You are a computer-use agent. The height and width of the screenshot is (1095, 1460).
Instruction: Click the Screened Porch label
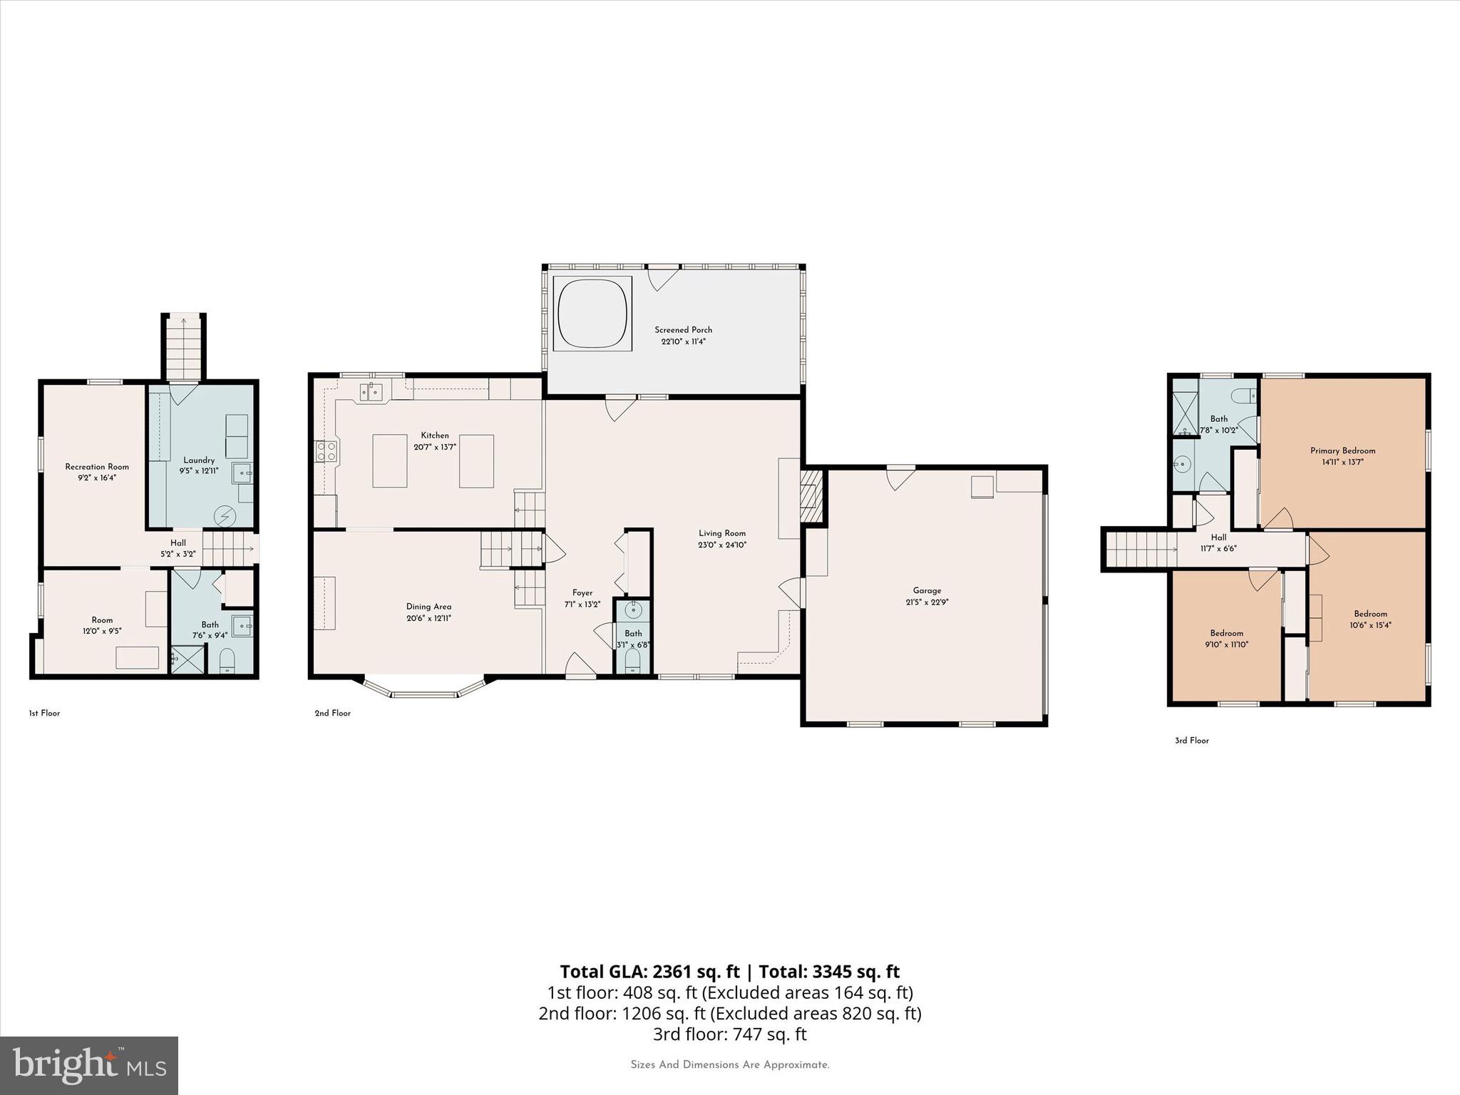683,330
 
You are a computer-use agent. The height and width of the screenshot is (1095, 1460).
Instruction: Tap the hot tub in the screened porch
592,313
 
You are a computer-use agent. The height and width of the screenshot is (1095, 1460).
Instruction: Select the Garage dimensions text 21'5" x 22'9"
927,602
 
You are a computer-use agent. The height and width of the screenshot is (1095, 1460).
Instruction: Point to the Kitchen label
435,436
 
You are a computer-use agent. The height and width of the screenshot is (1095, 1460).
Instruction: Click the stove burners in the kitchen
327,451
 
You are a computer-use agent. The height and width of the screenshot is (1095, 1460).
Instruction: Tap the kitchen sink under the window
371,391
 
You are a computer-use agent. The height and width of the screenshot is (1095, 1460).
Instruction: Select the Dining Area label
428,607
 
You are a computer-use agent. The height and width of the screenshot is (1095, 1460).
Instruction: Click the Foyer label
582,593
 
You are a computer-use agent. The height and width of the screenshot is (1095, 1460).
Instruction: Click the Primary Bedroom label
1342,451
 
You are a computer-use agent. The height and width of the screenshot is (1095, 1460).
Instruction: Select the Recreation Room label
97,467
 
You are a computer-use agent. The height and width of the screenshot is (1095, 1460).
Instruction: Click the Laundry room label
199,461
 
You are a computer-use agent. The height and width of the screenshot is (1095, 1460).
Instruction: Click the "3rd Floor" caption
1191,741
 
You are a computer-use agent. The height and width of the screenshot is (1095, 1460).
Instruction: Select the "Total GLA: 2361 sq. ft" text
649,972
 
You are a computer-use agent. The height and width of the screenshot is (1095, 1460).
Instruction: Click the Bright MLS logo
89,1065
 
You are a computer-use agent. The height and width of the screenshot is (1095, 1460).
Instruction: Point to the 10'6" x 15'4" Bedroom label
1370,614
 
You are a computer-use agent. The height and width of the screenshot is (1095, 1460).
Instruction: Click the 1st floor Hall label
178,543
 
